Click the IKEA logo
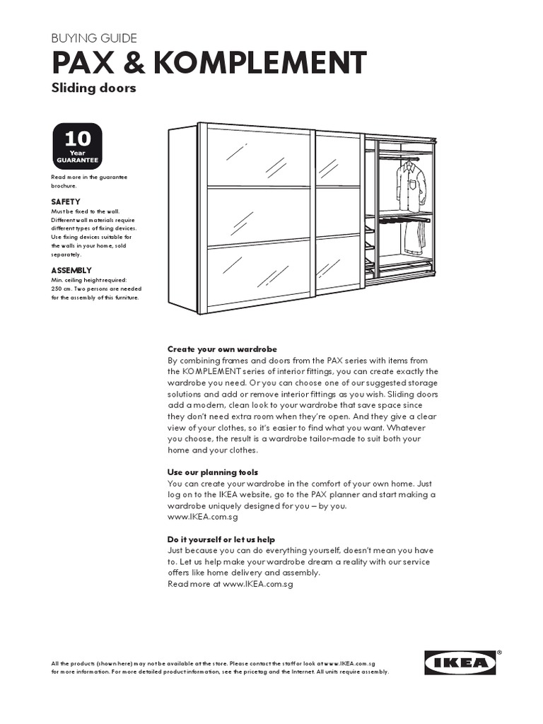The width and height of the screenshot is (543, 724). coord(459,663)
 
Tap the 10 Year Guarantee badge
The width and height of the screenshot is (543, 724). coord(77,146)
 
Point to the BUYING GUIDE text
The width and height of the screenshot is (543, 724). coord(94,38)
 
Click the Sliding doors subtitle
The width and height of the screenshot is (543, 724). coord(93,88)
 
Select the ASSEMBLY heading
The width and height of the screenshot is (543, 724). coord(71,271)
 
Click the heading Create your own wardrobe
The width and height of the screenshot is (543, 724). coord(222,349)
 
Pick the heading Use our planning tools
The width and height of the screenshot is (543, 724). coord(212,472)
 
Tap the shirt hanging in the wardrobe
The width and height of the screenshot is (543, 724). coord(411,185)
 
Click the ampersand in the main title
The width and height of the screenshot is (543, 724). coord(133,64)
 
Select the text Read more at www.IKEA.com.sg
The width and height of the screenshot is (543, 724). coord(230,585)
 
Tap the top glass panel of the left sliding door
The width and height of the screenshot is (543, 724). coord(258,158)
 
